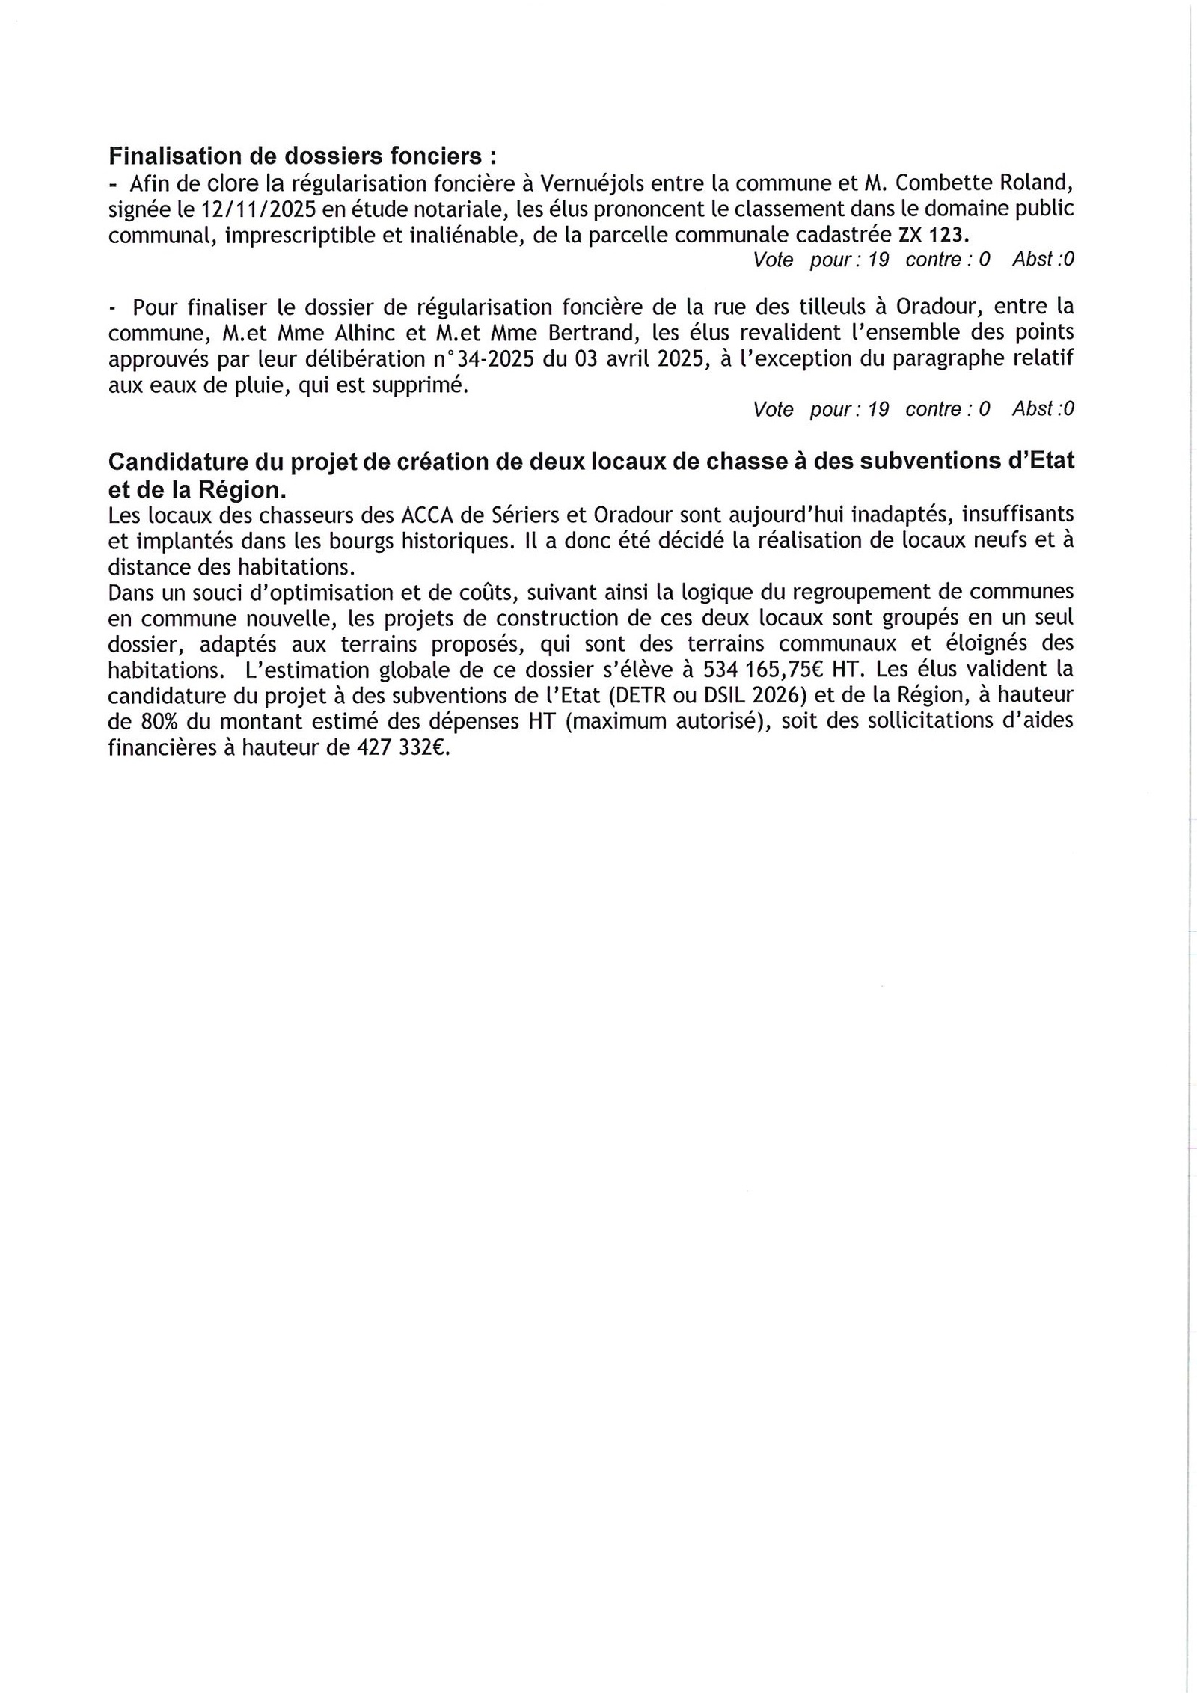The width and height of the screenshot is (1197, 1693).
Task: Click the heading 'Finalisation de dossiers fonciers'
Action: tap(302, 156)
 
